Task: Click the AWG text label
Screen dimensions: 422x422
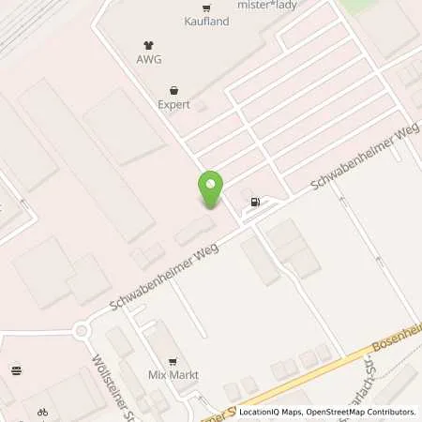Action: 148,58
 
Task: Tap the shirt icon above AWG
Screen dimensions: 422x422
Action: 148,43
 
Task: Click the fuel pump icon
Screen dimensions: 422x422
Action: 253,202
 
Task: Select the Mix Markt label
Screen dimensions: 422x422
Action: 172,375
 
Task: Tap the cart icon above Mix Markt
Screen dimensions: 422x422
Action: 172,361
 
